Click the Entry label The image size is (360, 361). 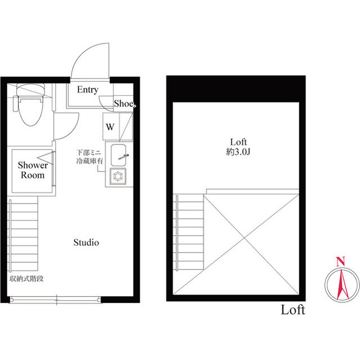coord(88,90)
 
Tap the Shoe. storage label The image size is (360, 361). coord(124,103)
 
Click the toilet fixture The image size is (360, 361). coord(26,107)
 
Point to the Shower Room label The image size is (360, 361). coord(33,170)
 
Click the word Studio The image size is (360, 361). coord(86,243)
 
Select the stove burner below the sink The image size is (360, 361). coord(119,178)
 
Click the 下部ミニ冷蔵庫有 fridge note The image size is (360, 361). coord(90,157)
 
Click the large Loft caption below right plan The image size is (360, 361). coord(293,310)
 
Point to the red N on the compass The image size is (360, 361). coord(340,261)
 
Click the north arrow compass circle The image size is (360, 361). coord(340,285)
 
